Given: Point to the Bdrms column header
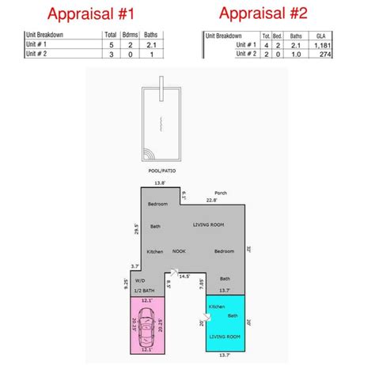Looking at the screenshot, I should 134,36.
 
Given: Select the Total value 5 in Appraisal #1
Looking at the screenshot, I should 111,46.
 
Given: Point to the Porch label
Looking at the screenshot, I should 222,192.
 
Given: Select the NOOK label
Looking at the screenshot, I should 179,250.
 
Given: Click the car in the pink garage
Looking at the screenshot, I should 146,325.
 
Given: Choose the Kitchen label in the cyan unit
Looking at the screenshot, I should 216,307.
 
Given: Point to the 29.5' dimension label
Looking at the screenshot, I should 136,229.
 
